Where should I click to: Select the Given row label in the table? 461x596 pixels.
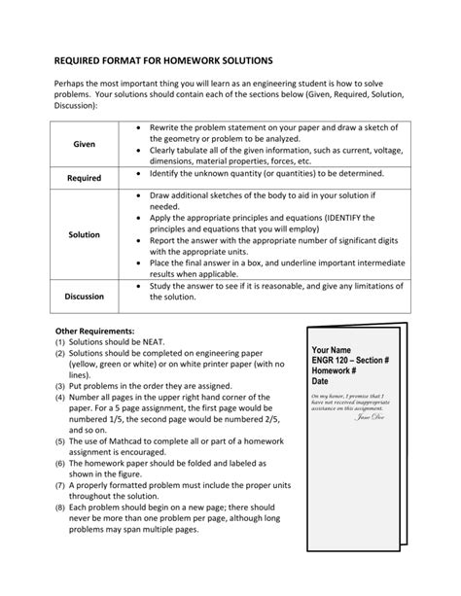84,145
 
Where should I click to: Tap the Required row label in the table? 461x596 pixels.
84,179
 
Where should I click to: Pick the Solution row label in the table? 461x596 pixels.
84,235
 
